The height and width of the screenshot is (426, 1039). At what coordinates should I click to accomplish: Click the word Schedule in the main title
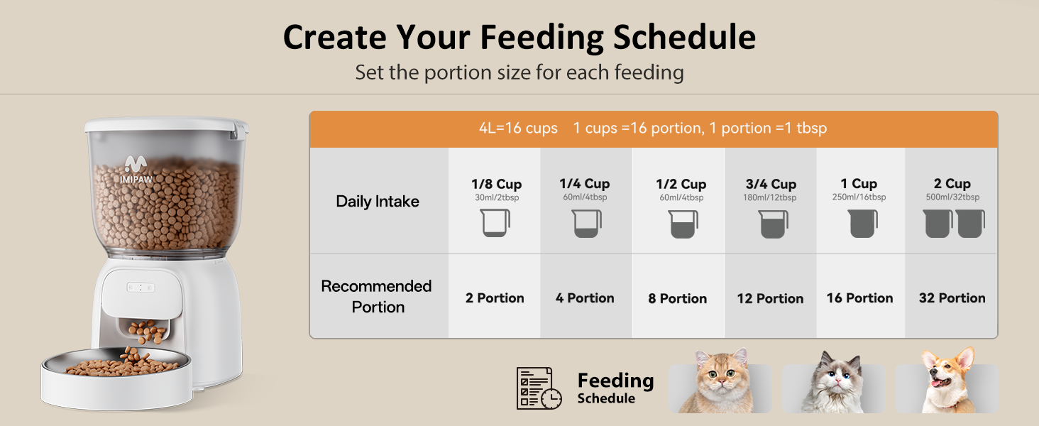pos(684,37)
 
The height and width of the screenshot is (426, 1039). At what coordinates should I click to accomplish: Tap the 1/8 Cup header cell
pos(496,185)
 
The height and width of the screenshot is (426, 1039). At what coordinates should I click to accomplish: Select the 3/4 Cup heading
pos(770,185)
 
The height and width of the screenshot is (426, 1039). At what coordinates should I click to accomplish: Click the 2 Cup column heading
pos(952,184)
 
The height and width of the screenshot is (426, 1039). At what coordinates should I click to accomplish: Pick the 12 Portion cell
pos(770,299)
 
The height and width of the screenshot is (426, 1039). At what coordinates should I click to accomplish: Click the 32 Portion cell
pos(952,298)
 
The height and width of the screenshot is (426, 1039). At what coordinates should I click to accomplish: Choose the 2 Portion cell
pos(495,298)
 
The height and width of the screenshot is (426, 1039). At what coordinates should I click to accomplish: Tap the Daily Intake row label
pos(378,202)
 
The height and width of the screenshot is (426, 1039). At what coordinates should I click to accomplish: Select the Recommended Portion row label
pos(377,297)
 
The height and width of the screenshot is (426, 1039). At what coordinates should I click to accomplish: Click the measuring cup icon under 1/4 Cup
pos(587,224)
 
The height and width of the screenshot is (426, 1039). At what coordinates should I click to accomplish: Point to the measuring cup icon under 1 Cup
pos(863,224)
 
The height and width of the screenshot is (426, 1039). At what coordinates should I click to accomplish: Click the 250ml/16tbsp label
pos(859,197)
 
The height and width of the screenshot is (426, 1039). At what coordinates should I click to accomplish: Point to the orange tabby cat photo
pos(720,383)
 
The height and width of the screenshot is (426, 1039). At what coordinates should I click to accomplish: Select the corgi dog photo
pos(947,383)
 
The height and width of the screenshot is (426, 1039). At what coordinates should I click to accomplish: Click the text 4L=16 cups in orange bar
pos(518,129)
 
